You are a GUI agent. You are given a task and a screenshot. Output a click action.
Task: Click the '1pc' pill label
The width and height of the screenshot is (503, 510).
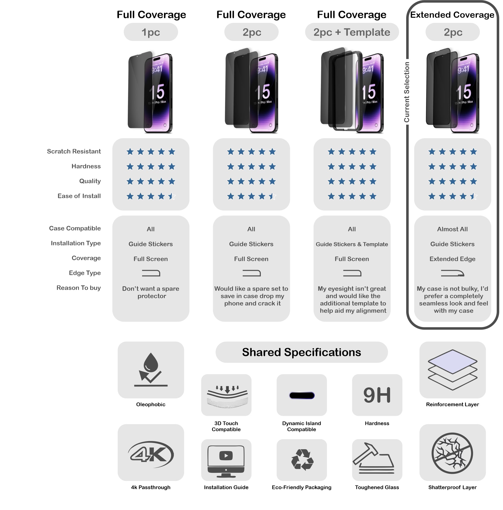[x=151, y=32]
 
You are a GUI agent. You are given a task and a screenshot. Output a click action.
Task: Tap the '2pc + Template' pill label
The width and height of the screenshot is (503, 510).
[x=352, y=32]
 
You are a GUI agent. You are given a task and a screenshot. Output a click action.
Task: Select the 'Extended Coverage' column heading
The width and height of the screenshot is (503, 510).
[x=452, y=15]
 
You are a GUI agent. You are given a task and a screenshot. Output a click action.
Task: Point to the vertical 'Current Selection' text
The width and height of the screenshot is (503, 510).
[x=407, y=92]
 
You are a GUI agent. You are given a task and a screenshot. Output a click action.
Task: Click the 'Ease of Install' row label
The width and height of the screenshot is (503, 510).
[x=79, y=196]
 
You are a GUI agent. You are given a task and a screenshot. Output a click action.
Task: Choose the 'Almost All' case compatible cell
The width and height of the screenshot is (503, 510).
[x=452, y=229]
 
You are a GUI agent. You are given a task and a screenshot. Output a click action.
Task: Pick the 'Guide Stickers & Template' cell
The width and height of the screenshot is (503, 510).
[x=352, y=244]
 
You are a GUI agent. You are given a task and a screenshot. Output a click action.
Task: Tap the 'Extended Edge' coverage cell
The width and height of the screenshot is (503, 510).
[x=452, y=259]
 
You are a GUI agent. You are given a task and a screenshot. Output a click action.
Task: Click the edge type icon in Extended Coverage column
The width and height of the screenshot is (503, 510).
[x=452, y=273]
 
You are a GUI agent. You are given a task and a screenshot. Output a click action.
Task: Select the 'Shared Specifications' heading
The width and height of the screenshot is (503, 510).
[x=302, y=352]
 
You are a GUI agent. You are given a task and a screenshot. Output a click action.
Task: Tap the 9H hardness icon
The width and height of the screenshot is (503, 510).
[x=377, y=395]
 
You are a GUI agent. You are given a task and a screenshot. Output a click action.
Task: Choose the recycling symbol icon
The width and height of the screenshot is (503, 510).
[x=302, y=460]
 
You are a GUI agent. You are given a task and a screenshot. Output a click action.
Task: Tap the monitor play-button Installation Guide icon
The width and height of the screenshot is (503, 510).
[x=226, y=460]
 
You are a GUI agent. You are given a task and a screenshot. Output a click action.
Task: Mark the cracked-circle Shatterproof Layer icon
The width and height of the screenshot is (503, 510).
[x=452, y=453]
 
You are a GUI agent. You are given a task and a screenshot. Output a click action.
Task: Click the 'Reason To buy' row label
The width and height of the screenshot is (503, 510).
[x=78, y=288]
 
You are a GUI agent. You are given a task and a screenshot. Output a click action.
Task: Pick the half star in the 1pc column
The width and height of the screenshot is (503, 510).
[x=172, y=196]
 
